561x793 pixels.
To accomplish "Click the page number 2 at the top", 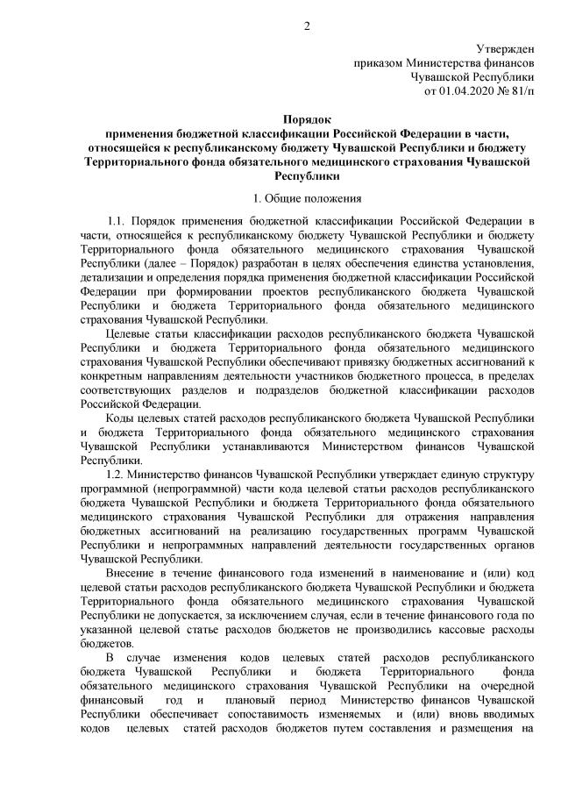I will pyautogui.click(x=307, y=25).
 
